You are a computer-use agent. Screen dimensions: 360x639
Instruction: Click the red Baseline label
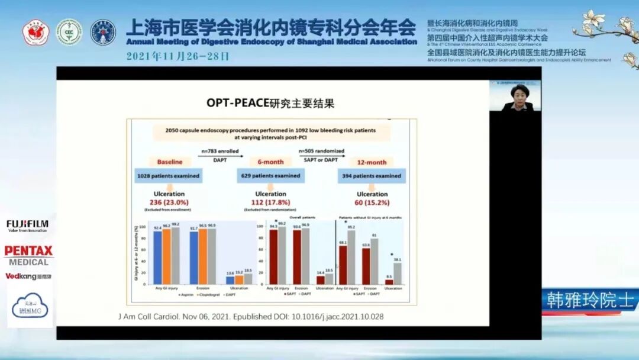pyautogui.click(x=169, y=162)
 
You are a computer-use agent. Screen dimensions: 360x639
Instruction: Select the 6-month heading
pyautogui.click(x=270, y=162)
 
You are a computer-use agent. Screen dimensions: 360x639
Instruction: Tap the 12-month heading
pyautogui.click(x=372, y=162)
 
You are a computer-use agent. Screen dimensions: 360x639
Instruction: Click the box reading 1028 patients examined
pyautogui.click(x=169, y=176)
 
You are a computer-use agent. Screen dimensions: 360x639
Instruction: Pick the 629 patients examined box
pyautogui.click(x=270, y=176)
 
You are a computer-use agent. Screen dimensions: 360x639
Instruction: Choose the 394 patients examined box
pyautogui.click(x=372, y=176)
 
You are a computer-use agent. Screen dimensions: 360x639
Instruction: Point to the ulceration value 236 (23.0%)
pyautogui.click(x=169, y=202)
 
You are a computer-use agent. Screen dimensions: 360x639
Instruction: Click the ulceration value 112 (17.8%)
pyautogui.click(x=270, y=202)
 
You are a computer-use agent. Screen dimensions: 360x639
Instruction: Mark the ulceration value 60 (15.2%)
pyautogui.click(x=372, y=202)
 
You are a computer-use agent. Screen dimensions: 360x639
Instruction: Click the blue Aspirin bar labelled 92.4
pyautogui.click(x=157, y=258)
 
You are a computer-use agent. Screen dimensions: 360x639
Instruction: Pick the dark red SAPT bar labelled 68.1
pyautogui.click(x=343, y=265)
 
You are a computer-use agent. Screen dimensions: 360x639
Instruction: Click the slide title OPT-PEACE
pyautogui.click(x=237, y=103)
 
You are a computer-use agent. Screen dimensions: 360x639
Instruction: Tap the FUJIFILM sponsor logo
pyautogui.click(x=28, y=226)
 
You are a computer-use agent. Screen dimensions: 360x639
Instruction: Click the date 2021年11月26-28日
pyautogui.click(x=177, y=56)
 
